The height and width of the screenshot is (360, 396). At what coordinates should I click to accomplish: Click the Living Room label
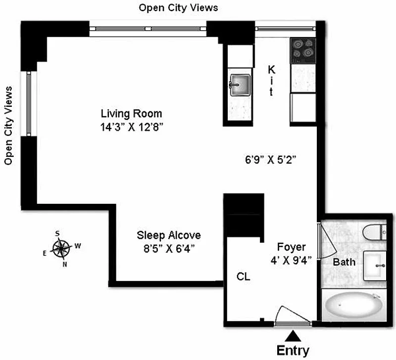pyautogui.click(x=131, y=114)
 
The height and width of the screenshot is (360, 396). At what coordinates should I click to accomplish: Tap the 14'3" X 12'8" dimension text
pyautogui.click(x=132, y=127)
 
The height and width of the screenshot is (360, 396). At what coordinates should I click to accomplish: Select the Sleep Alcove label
pyautogui.click(x=169, y=235)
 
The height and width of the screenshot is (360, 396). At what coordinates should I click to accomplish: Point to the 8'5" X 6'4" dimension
pyautogui.click(x=169, y=249)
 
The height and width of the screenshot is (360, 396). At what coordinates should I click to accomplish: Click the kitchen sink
pyautogui.click(x=240, y=85)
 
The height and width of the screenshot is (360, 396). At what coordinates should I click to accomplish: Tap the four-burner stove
pyautogui.click(x=303, y=50)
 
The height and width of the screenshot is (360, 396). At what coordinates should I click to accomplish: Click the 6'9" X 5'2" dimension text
pyautogui.click(x=270, y=160)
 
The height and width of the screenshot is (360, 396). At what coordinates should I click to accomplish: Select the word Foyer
pyautogui.click(x=292, y=247)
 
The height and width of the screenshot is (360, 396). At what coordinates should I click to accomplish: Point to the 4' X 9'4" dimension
pyautogui.click(x=291, y=260)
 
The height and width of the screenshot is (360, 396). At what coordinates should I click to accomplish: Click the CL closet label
pyautogui.click(x=243, y=277)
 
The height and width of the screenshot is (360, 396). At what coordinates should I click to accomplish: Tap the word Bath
pyautogui.click(x=344, y=262)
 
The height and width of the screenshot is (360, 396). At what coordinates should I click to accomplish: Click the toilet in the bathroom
pyautogui.click(x=374, y=232)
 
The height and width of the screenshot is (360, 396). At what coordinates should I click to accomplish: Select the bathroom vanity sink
pyautogui.click(x=375, y=266)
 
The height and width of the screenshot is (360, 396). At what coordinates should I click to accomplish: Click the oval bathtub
pyautogui.click(x=353, y=305)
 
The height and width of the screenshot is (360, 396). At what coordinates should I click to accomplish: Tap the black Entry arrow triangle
pyautogui.click(x=293, y=336)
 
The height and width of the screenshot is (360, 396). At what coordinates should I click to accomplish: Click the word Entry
pyautogui.click(x=293, y=351)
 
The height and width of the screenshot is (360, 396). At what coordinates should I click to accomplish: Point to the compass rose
pyautogui.click(x=61, y=249)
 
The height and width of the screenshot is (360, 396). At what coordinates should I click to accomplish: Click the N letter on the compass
pyautogui.click(x=65, y=265)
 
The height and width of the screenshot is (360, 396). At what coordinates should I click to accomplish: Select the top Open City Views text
pyautogui.click(x=178, y=8)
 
